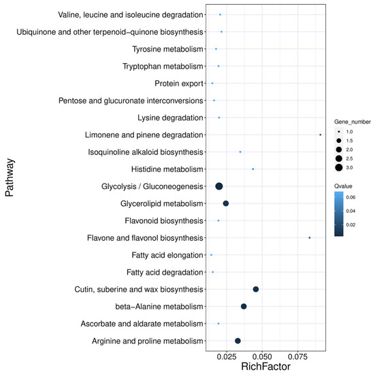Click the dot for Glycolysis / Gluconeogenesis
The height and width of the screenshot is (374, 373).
click(x=219, y=186)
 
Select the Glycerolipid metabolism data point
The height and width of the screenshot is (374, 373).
click(x=226, y=203)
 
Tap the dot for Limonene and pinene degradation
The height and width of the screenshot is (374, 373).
click(x=320, y=135)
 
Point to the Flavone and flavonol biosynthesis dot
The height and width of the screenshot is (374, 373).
click(x=310, y=237)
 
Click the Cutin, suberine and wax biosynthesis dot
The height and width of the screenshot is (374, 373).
click(x=256, y=289)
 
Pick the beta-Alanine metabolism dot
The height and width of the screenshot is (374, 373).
click(x=244, y=306)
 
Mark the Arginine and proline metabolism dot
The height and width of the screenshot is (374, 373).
click(x=238, y=341)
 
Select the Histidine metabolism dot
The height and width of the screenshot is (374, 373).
click(x=253, y=169)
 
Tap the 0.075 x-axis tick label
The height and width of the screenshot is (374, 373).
click(x=297, y=355)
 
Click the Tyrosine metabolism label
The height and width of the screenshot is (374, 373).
click(x=167, y=49)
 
